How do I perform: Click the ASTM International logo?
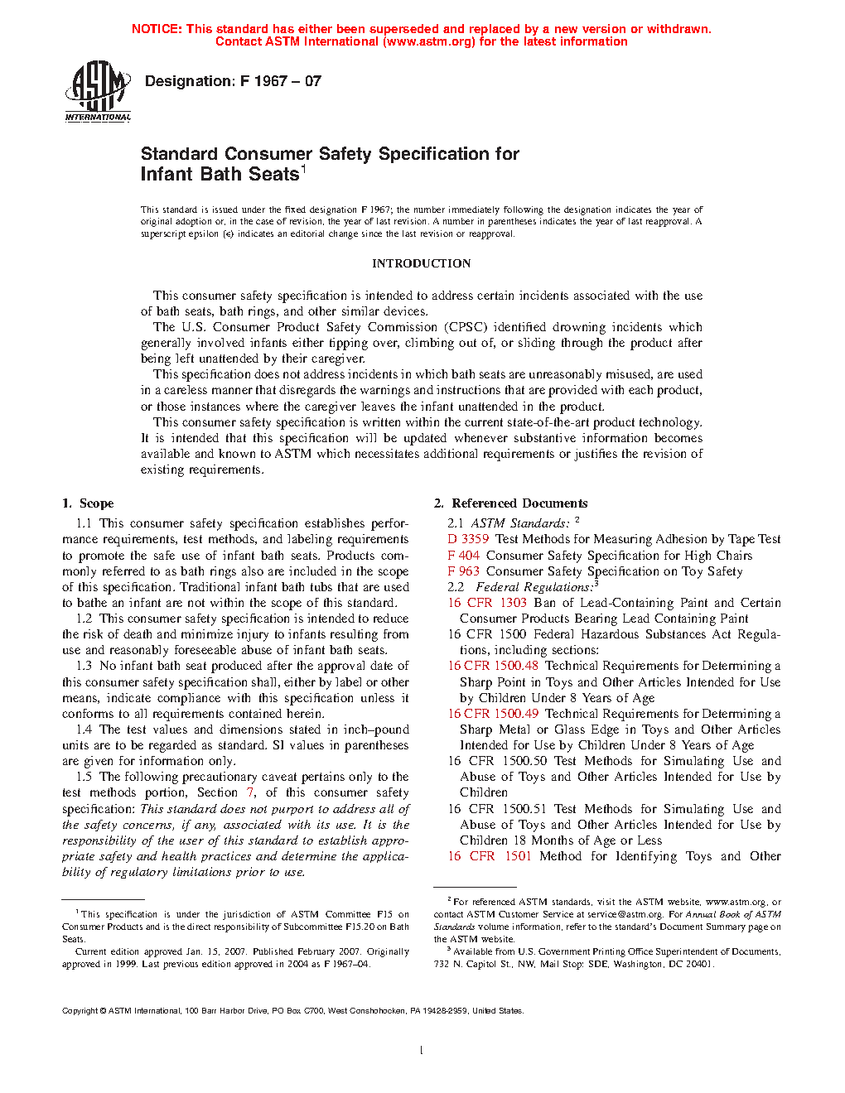click(98, 91)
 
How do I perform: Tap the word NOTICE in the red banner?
click(157, 29)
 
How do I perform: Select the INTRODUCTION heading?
click(421, 263)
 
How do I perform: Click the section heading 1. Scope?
click(88, 503)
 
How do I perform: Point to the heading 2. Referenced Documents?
click(510, 503)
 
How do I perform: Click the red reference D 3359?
click(468, 539)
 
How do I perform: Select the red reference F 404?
click(463, 556)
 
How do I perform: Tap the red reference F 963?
click(463, 571)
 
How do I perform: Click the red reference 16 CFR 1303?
click(487, 603)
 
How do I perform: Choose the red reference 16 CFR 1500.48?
click(493, 666)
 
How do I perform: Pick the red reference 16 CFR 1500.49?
click(493, 714)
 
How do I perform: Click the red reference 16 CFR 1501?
click(489, 856)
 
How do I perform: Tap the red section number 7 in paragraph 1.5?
click(250, 792)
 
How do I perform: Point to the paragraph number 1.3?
click(84, 666)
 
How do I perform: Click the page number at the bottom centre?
click(422, 1050)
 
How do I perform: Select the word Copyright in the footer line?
click(80, 1010)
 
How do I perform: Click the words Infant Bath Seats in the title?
click(220, 175)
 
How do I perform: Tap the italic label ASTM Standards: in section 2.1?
click(520, 523)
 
